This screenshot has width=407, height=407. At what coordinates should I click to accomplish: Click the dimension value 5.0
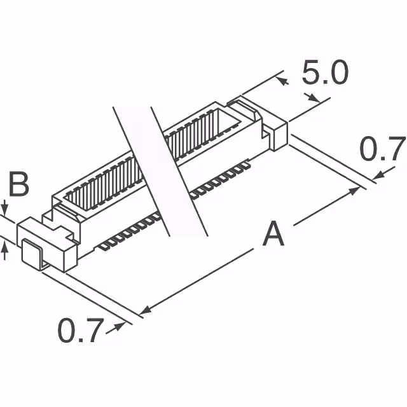click(x=325, y=74)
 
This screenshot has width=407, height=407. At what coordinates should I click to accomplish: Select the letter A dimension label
click(x=273, y=233)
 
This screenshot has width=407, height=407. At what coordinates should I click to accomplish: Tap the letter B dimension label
click(x=19, y=186)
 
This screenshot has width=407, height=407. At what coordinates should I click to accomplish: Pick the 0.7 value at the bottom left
click(x=80, y=331)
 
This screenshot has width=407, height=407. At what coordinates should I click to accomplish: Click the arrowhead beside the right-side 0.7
click(x=379, y=174)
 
